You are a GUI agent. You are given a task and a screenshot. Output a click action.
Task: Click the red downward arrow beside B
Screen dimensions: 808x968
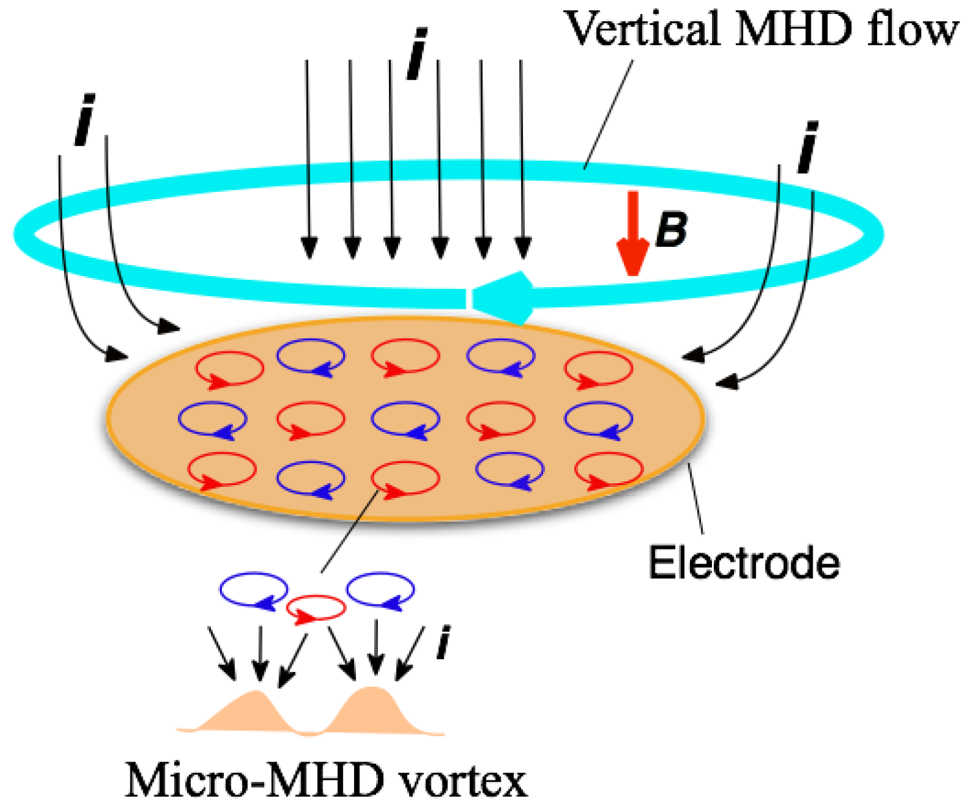pos(633,235)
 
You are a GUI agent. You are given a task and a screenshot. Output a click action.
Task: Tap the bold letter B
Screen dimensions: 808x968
pos(672,230)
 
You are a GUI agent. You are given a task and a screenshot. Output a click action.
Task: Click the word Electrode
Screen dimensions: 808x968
pos(743,562)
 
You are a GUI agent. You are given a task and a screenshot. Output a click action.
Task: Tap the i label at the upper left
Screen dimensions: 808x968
pos(85,120)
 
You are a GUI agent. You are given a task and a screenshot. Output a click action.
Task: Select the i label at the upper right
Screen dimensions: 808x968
pos(808,148)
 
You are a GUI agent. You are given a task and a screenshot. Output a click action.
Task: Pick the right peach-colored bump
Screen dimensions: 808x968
pos(372,710)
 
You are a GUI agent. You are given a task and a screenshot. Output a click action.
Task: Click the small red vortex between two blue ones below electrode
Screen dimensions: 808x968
pos(316,609)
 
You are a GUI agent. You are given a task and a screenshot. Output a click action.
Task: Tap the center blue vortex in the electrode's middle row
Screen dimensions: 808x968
pos(405,420)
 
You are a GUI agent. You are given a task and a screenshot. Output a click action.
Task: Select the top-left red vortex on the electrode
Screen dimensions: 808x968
pos(229,369)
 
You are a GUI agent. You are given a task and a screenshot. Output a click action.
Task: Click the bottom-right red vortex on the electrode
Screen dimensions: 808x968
pos(608,470)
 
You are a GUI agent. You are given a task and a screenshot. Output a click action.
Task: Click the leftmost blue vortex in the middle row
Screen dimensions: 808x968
pos(212,420)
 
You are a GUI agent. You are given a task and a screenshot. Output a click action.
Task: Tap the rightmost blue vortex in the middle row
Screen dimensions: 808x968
pos(598,420)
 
